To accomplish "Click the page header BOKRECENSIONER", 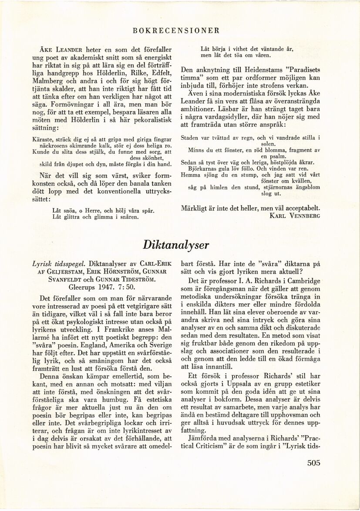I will coord(176,30).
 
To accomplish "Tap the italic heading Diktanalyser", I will coord(176,245).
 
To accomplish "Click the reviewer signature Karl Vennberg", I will coord(295,215).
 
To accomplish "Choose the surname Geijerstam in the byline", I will coord(57,272).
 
